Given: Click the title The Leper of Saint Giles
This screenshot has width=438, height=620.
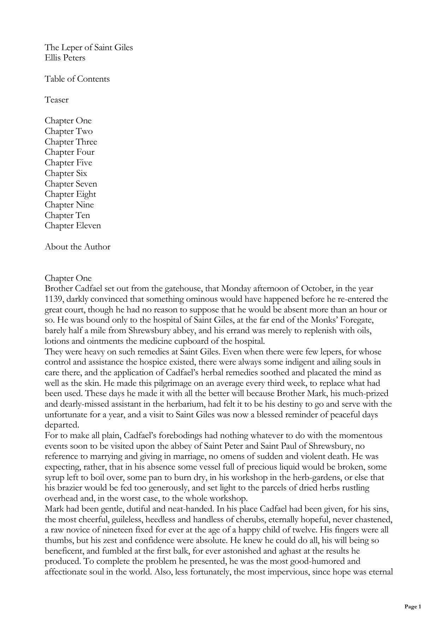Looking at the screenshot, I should pyautogui.click(x=89, y=47).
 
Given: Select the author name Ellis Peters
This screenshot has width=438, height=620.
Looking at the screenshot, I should pyautogui.click(x=65, y=58).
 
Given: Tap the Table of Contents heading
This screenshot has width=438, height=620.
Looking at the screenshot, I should pyautogui.click(x=77, y=79).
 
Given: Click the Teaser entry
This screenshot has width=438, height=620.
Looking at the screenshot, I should pyautogui.click(x=57, y=100).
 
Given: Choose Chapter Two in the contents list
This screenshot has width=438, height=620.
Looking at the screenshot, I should pyautogui.click(x=69, y=131).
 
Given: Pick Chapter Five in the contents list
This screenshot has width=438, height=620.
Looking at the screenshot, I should pyautogui.click(x=68, y=163).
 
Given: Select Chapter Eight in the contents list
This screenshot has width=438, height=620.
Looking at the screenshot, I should pyautogui.click(x=70, y=194).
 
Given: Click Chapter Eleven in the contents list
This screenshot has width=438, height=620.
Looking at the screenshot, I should pyautogui.click(x=73, y=226).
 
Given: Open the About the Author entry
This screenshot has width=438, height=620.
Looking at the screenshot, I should pyautogui.click(x=77, y=247).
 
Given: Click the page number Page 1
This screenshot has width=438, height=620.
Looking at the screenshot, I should pyautogui.click(x=413, y=607).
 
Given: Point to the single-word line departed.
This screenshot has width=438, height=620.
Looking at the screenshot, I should pyautogui.click(x=62, y=425).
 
